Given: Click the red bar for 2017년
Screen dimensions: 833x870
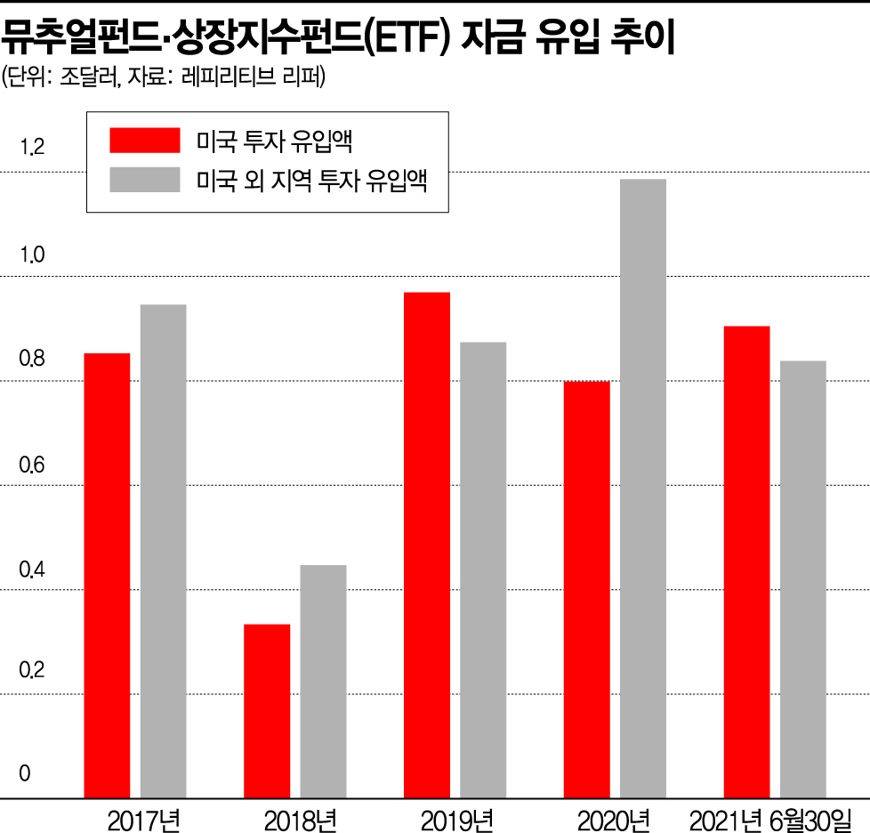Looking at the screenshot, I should click(107, 575).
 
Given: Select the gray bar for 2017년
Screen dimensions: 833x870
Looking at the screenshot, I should click(163, 550).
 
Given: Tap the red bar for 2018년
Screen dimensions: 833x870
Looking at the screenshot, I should click(267, 710).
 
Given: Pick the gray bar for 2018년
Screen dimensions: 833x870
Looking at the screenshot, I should click(323, 681).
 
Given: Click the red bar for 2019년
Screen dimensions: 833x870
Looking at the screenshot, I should click(427, 544).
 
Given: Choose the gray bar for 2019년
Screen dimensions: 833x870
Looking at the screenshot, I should click(483, 570).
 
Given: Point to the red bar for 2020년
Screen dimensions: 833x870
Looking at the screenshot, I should click(587, 589).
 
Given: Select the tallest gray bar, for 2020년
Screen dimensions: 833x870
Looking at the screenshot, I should click(643, 488).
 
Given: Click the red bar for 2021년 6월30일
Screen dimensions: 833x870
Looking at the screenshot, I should click(747, 561).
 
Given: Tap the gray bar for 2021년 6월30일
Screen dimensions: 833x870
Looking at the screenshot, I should click(803, 578).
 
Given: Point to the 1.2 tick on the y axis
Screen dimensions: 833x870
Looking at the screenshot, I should click(32, 149).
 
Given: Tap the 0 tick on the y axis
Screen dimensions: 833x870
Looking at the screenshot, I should click(25, 774).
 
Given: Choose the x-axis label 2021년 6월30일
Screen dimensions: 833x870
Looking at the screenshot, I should click(770, 817).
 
